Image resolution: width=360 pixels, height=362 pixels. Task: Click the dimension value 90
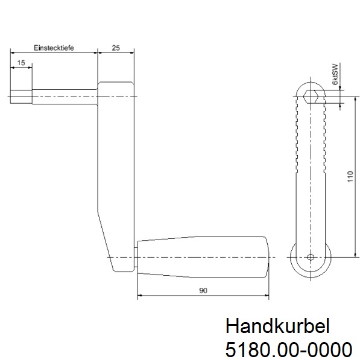(203, 290)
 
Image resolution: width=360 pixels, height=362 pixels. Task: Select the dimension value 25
(115, 48)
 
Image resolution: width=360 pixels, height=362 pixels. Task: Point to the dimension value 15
(21, 62)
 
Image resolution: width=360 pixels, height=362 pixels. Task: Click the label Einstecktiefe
(54, 48)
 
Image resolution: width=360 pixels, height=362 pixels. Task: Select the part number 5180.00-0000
(288, 349)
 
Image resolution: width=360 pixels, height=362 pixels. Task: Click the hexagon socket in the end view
(311, 95)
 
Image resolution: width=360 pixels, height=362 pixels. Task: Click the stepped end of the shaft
(21, 95)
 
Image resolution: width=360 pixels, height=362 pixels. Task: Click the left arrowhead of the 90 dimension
(141, 296)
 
